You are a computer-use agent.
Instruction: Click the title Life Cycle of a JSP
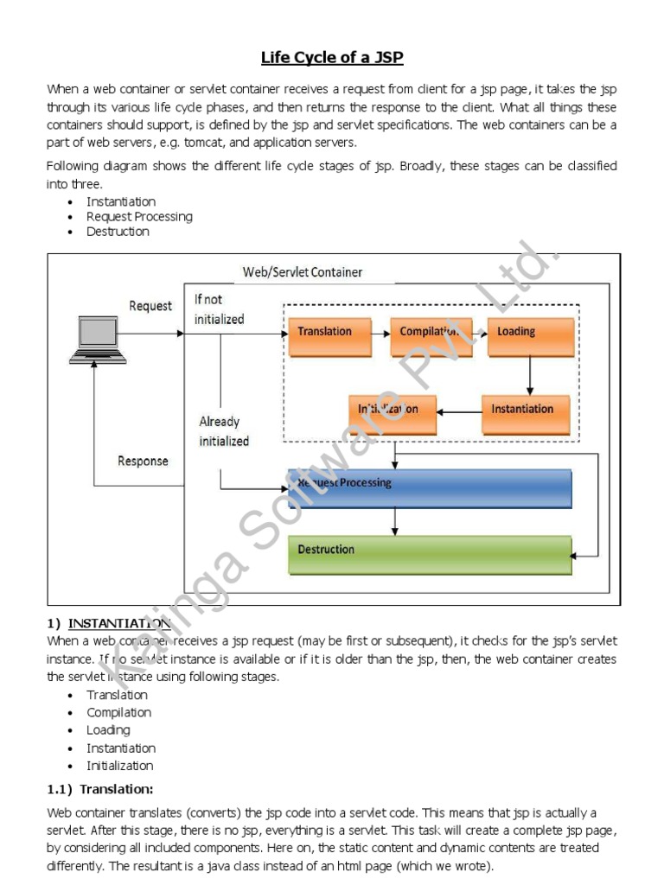point(332,58)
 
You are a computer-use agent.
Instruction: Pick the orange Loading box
point(530,336)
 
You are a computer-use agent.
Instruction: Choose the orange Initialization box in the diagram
point(393,414)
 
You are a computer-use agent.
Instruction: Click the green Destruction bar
point(429,555)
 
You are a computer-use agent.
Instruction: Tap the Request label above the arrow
point(150,306)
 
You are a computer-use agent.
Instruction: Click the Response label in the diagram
point(143,462)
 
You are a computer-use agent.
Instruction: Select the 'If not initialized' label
point(219,309)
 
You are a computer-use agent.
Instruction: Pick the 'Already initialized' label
point(224,431)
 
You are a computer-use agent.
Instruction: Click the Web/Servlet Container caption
point(303,272)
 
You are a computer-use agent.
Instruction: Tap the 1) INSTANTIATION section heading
point(110,623)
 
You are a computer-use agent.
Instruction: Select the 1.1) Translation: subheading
point(99,788)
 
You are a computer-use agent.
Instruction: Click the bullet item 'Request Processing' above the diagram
point(139,217)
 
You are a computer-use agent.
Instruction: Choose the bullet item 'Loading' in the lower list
point(108,730)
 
